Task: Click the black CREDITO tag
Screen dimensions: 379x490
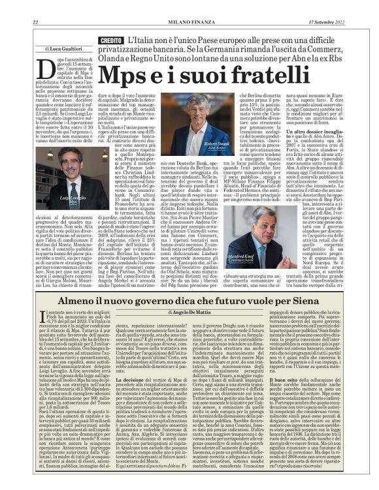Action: (x=110, y=41)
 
